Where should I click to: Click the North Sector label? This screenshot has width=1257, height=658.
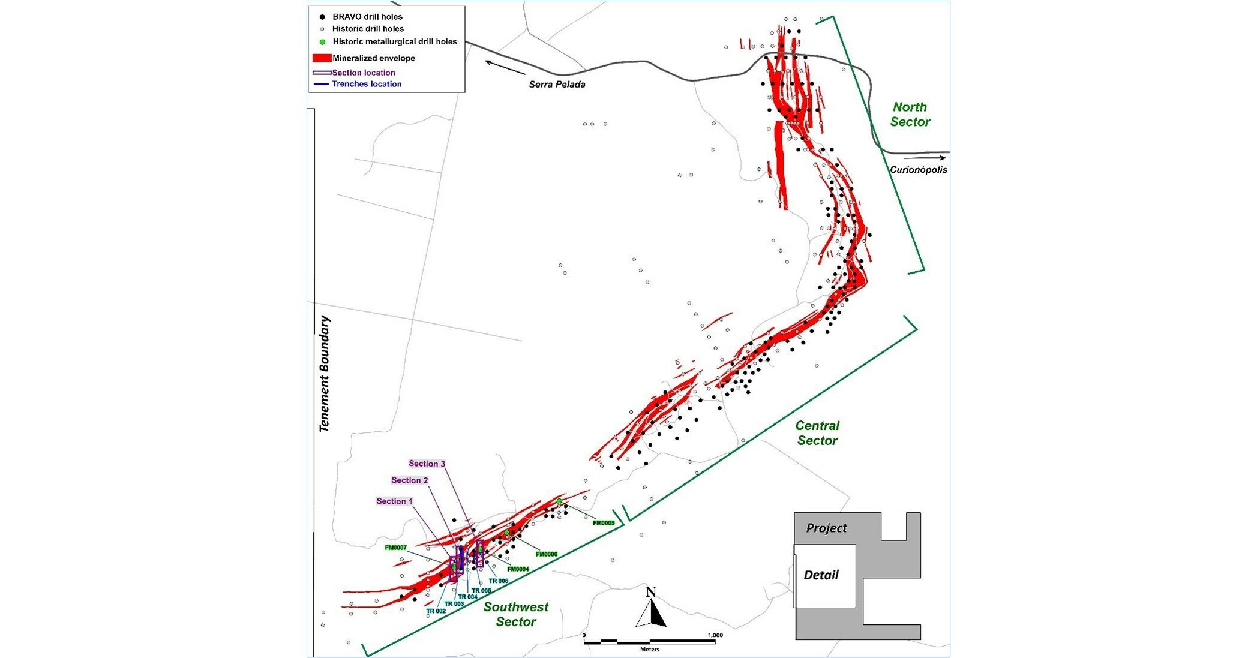[910, 114]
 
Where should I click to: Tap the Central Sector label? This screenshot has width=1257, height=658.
[817, 433]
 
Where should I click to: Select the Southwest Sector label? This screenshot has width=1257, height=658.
[516, 614]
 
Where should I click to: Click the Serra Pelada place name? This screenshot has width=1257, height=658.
[557, 85]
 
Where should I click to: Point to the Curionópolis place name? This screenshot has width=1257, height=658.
[918, 170]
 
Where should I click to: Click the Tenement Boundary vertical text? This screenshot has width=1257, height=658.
[325, 374]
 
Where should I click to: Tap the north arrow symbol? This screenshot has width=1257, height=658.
[651, 609]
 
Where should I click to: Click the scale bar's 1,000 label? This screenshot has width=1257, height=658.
[715, 635]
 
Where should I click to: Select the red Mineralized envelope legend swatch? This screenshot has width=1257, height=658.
[322, 58]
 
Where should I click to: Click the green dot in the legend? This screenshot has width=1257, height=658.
[322, 42]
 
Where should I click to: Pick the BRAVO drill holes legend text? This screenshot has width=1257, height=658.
[367, 17]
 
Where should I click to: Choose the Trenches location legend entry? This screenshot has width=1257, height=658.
[367, 84]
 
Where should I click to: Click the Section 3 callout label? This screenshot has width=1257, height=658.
[427, 464]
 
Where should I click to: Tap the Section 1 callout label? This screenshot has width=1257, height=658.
[395, 501]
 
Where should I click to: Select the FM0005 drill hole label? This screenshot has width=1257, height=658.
[604, 523]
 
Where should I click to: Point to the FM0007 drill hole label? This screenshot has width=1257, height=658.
[396, 548]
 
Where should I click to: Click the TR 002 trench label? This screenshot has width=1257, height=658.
[436, 611]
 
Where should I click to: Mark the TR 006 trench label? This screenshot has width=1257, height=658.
[499, 581]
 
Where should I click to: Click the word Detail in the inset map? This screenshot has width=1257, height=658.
[821, 575]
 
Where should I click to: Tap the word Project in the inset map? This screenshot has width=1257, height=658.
[826, 528]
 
